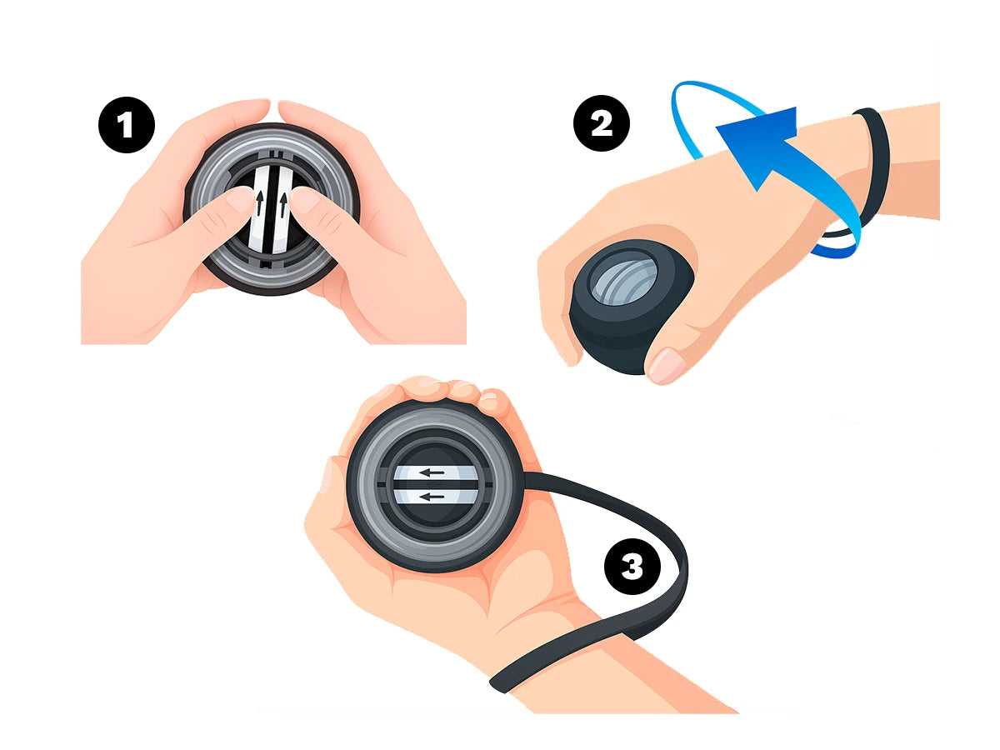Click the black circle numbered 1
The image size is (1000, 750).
tap(127, 125)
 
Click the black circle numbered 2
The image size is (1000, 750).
tap(602, 123)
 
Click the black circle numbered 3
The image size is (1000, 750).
tap(632, 566)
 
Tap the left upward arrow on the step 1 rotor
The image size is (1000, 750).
tap(260, 203)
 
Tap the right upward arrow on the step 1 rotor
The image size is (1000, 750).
tap(283, 204)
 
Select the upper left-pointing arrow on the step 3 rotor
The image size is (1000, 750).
tap(432, 472)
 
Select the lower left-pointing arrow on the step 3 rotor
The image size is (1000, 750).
tap(432, 497)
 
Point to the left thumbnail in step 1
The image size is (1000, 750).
tap(240, 199)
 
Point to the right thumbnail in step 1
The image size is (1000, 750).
tap(305, 200)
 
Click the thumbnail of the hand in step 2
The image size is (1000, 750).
tap(667, 365)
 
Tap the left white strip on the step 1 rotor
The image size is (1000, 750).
tap(258, 208)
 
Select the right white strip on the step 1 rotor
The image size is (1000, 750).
tap(282, 210)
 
